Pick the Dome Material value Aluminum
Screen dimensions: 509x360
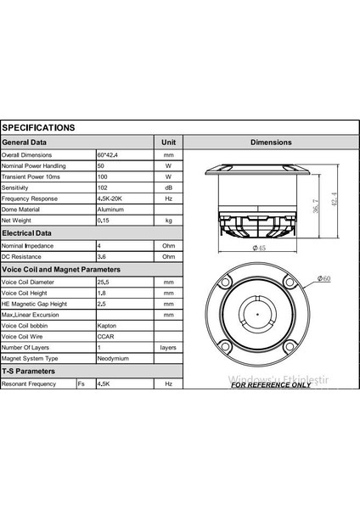(110, 209)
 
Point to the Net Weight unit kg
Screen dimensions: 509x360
(168, 221)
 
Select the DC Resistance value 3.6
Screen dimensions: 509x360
(102, 255)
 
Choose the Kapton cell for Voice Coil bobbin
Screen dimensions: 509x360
(108, 325)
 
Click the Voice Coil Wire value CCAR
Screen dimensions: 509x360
(106, 336)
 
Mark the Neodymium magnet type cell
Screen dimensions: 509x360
(114, 359)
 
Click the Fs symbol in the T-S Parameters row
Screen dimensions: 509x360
(82, 383)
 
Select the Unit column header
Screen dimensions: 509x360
(168, 143)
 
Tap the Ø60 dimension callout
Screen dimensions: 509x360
(323, 277)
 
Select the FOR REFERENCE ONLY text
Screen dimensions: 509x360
(271, 384)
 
